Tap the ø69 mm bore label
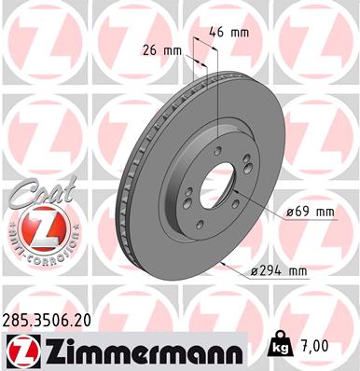(310, 213)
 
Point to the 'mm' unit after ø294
(298, 271)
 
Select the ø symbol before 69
(290, 213)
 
